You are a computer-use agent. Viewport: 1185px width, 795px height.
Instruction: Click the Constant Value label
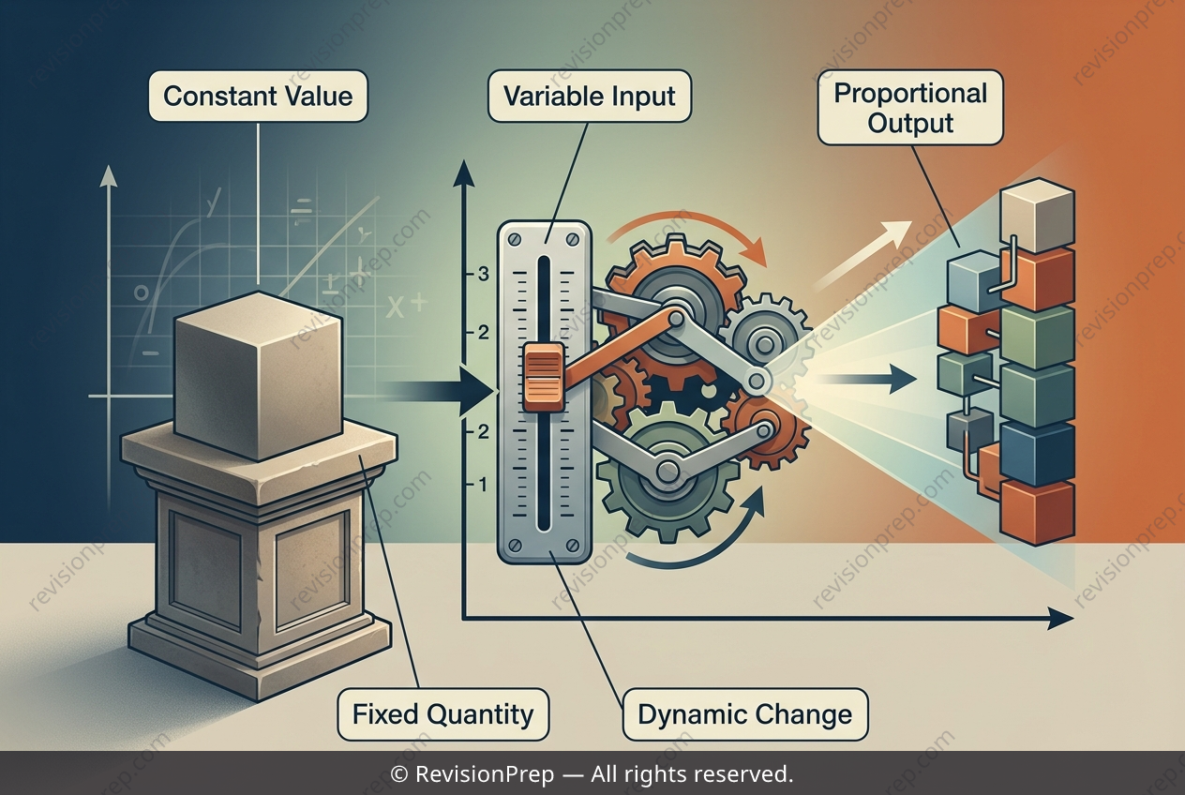click(x=258, y=97)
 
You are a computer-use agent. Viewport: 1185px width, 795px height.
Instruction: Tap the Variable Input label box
click(x=589, y=97)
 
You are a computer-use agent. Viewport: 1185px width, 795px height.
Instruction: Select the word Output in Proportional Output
click(x=910, y=123)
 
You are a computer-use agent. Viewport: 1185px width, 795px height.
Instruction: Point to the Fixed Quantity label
click(x=443, y=714)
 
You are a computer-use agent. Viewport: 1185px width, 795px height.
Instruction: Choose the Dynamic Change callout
click(x=745, y=714)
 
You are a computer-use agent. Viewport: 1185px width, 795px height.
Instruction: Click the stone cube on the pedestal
click(x=258, y=375)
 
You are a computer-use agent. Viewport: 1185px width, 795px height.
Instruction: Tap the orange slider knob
click(x=544, y=377)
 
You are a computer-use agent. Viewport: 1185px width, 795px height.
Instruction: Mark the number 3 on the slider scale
click(x=483, y=275)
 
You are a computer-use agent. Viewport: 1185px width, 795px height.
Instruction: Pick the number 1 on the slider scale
click(x=483, y=485)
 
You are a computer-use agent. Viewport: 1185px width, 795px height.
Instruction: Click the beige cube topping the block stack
click(x=1037, y=215)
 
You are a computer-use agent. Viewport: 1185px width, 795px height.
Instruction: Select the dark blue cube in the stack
click(x=1037, y=455)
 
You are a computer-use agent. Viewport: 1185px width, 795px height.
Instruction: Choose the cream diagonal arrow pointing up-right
click(x=862, y=256)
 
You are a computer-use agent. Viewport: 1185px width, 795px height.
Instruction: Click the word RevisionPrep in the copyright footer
click(x=485, y=773)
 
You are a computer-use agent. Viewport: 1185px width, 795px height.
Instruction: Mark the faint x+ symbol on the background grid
click(x=406, y=307)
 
